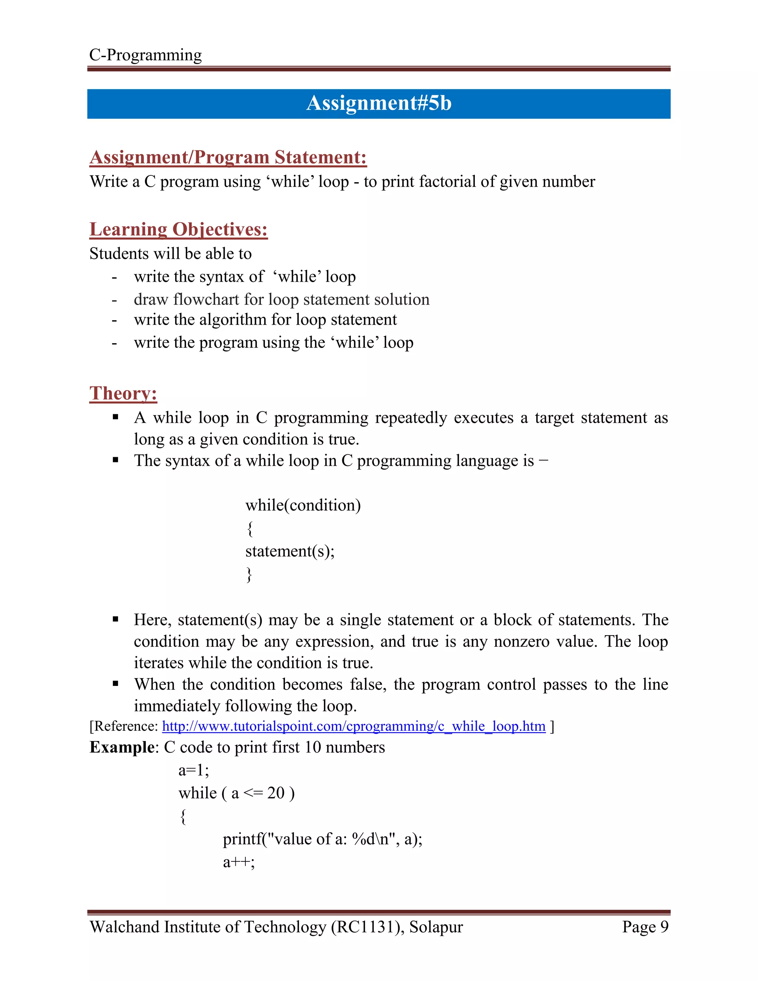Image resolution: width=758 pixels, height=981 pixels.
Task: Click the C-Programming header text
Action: click(145, 55)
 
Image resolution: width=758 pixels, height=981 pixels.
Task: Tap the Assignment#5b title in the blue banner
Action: click(379, 103)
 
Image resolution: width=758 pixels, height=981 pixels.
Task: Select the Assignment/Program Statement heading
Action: click(228, 157)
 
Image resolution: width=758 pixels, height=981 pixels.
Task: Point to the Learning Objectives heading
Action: click(178, 230)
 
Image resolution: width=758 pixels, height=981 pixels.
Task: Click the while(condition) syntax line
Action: click(303, 505)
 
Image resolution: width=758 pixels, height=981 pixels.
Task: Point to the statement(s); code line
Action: click(290, 551)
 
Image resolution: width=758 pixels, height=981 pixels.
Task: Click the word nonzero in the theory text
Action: click(521, 642)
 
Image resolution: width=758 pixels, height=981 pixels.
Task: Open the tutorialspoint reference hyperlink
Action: click(353, 726)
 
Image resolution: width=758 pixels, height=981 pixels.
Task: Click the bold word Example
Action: click(122, 747)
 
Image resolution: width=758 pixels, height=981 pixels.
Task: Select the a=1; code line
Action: click(194, 770)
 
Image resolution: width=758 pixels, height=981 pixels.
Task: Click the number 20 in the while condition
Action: click(276, 793)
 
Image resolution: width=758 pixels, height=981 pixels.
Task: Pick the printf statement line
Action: click(322, 839)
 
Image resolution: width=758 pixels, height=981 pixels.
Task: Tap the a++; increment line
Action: click(239, 862)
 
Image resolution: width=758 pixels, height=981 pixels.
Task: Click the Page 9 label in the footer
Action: click(645, 927)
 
